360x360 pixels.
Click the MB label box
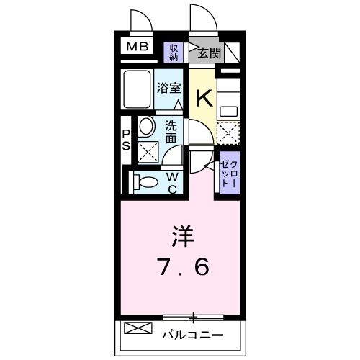[x=137, y=48]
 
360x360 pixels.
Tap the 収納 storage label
[x=174, y=52]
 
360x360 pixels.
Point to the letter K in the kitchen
[x=203, y=96]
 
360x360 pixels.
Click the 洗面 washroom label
[x=171, y=131]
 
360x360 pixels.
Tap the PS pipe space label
[x=125, y=139]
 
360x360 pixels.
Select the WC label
[x=174, y=182]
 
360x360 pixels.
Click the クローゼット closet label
[x=228, y=173]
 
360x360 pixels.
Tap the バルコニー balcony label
[x=192, y=335]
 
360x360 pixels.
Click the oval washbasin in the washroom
[x=145, y=128]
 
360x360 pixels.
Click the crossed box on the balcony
[x=138, y=330]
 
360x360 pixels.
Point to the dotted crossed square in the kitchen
[x=229, y=133]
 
